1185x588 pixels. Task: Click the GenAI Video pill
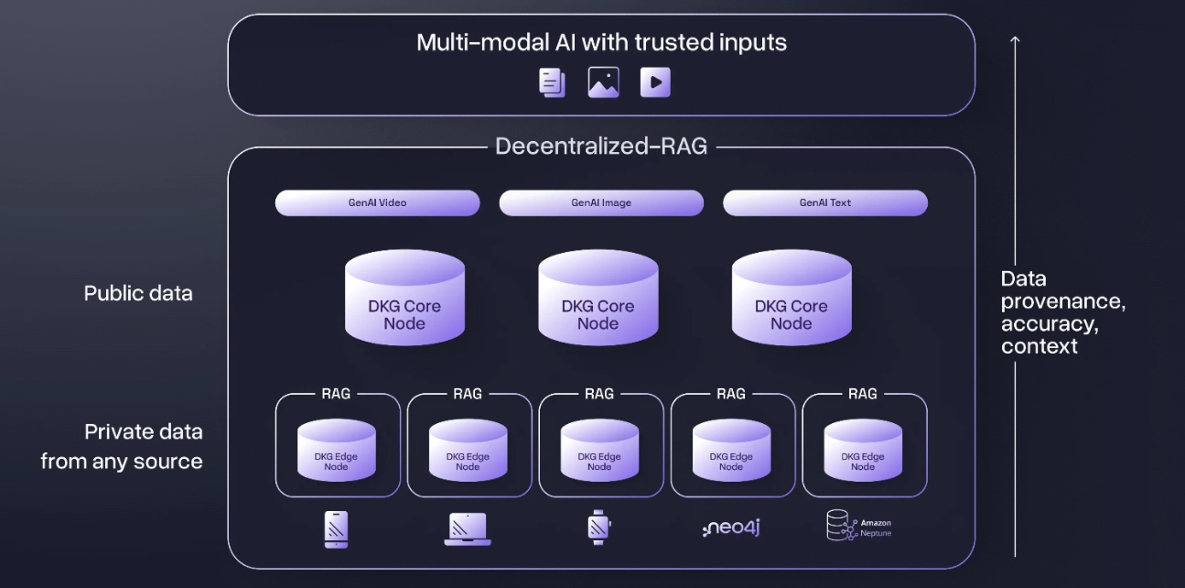click(377, 202)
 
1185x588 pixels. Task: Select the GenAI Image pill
click(601, 202)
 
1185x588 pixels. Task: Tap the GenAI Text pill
click(824, 202)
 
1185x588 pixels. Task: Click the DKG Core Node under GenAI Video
click(404, 301)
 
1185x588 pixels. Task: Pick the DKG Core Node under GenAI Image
click(598, 301)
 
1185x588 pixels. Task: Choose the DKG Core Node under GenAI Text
click(792, 301)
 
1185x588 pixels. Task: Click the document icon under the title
click(552, 82)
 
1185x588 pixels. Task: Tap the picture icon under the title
click(603, 82)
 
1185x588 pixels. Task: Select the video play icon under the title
click(655, 82)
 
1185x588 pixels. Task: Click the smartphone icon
click(337, 528)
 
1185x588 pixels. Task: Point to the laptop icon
click(468, 528)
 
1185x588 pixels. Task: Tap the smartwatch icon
click(598, 527)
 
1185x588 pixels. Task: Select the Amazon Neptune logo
click(859, 527)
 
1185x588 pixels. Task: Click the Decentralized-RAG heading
click(601, 147)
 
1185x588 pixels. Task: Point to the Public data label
click(138, 293)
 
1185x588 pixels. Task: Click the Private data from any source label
click(122, 446)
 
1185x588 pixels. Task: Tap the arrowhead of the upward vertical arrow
click(1014, 40)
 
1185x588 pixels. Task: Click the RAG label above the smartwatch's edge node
click(599, 394)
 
